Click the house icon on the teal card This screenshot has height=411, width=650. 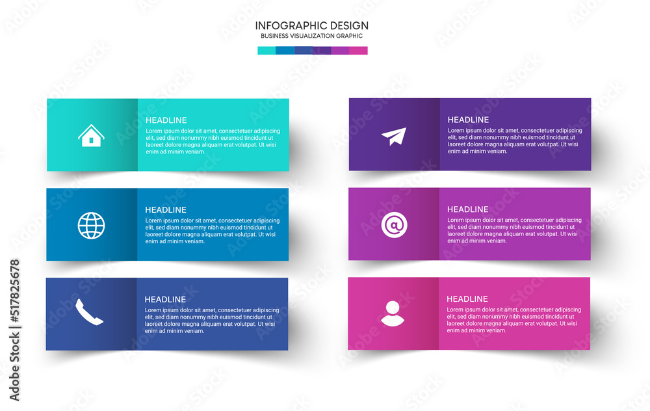91,136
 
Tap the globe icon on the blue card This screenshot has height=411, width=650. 91,226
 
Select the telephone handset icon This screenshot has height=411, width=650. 89,312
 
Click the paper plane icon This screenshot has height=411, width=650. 394,137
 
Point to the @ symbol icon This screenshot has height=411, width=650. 395,225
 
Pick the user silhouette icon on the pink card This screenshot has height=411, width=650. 393,313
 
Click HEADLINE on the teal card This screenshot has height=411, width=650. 166,120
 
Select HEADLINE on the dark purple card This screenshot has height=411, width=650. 469,120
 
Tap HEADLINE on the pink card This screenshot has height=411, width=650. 467,299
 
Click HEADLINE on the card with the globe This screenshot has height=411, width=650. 166,210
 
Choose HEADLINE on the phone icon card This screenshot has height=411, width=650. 165,299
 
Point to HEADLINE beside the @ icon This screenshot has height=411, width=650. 468,209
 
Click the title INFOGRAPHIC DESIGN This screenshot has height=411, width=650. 312,26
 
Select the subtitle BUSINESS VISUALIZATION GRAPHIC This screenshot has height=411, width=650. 312,36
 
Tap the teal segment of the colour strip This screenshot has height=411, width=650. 266,51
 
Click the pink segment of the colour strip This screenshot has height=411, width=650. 358,51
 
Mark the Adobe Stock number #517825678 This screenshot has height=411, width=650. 14,291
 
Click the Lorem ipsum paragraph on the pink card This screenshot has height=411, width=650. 514,320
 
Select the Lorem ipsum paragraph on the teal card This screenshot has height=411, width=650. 213,141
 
